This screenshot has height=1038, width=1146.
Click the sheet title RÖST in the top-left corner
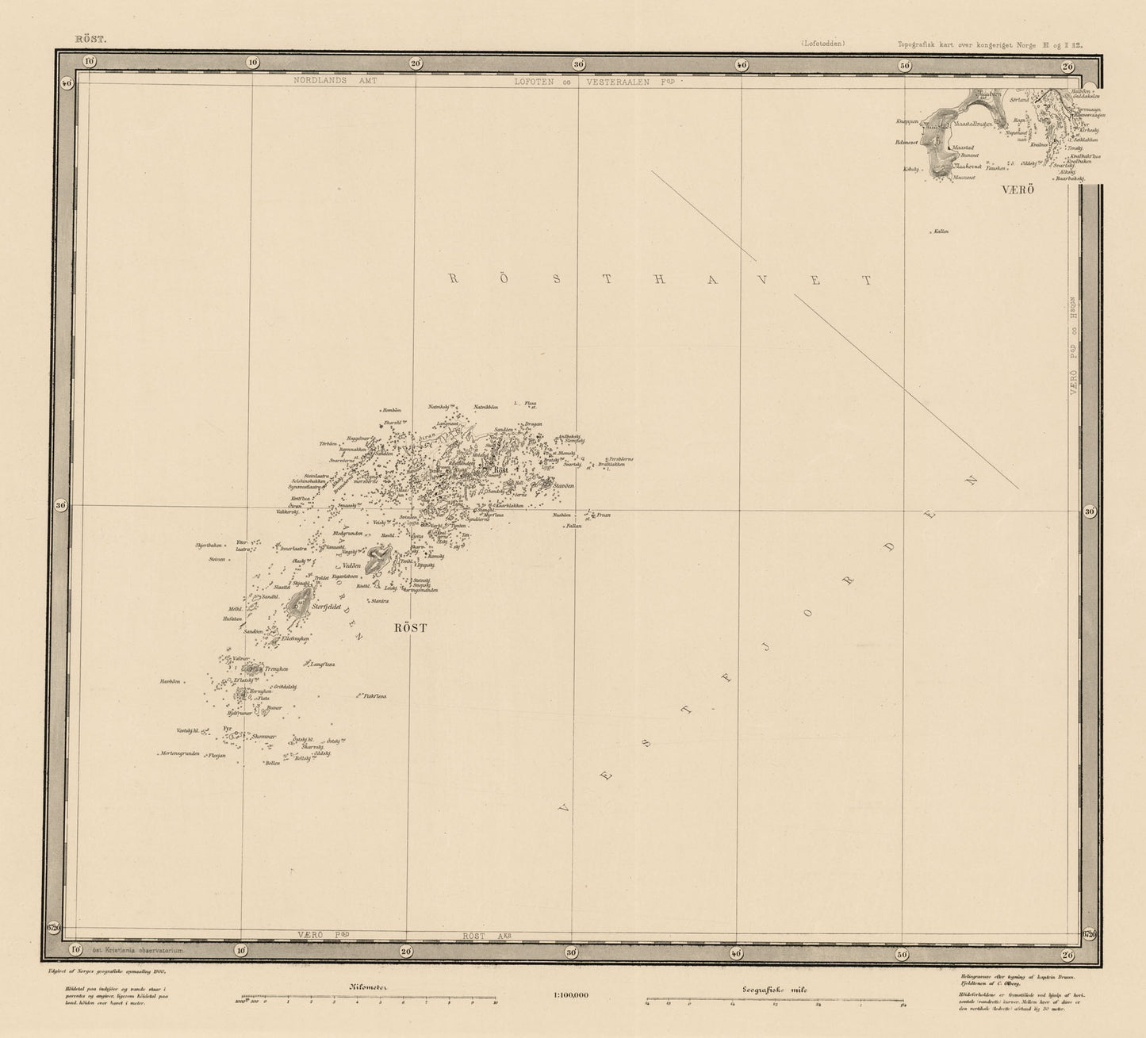[84, 37]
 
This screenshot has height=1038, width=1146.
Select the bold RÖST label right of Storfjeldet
[410, 628]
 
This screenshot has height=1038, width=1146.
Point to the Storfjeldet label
[327, 607]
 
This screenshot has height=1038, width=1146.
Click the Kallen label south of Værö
[941, 232]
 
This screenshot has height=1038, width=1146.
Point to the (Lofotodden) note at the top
[822, 44]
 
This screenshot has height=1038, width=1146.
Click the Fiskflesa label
[374, 696]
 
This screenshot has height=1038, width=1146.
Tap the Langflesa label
[322, 665]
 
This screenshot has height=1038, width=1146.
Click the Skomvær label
[263, 737]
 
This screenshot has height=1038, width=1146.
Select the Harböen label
[171, 681]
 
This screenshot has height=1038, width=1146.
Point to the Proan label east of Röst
[604, 515]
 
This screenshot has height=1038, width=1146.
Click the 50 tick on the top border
[903, 65]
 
